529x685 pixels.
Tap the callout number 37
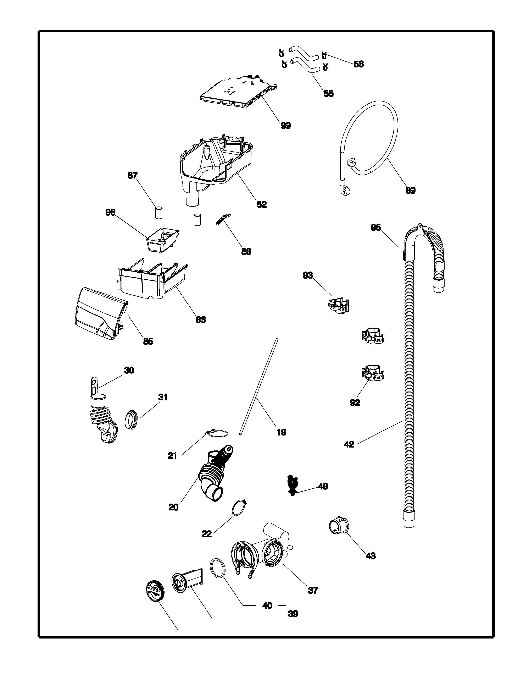pyautogui.click(x=313, y=591)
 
